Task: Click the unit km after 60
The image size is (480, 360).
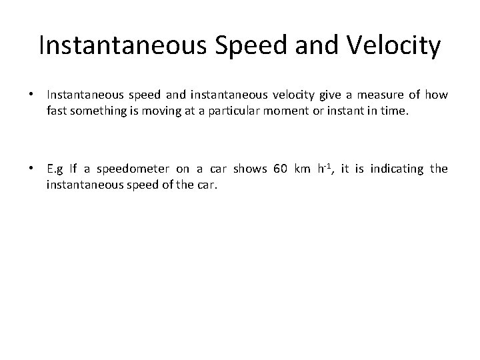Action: pyautogui.click(x=304, y=169)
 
